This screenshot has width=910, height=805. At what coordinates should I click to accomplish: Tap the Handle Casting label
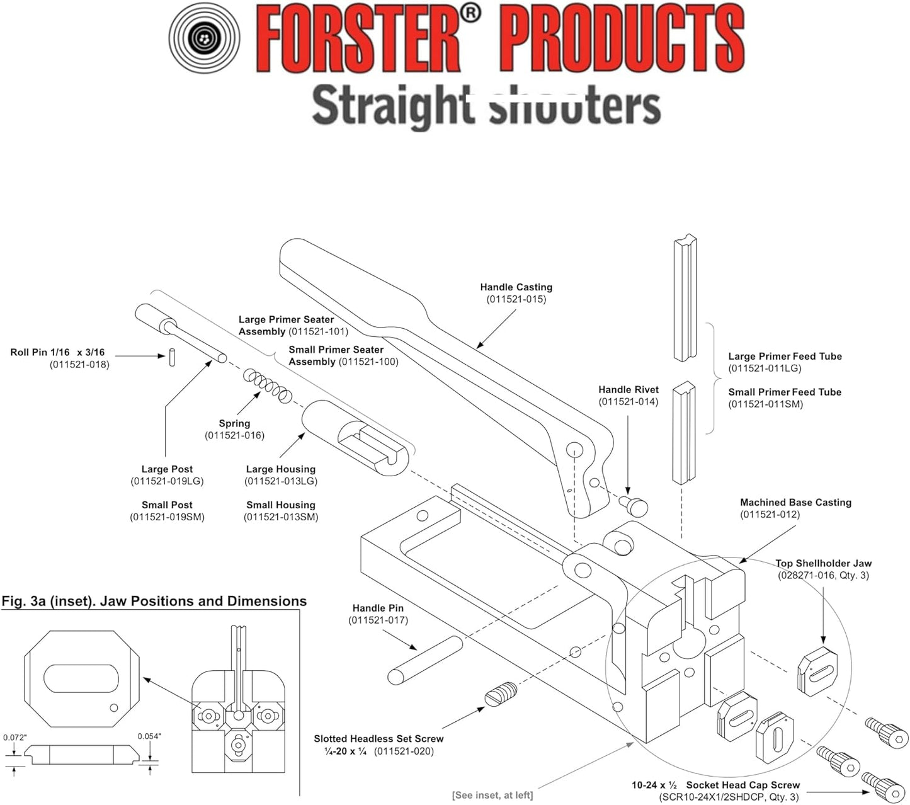(516, 287)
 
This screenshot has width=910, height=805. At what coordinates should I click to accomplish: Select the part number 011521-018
(79, 364)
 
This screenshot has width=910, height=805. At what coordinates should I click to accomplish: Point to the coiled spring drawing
(268, 385)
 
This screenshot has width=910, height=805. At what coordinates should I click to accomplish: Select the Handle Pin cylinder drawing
(425, 659)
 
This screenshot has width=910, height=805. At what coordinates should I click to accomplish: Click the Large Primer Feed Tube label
(785, 357)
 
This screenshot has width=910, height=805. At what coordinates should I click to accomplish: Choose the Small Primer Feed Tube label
(785, 392)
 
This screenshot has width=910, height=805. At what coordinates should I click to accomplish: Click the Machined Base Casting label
(795, 503)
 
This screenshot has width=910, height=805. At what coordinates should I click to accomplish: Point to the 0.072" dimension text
(15, 737)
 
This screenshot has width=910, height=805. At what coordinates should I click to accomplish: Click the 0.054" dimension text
(149, 736)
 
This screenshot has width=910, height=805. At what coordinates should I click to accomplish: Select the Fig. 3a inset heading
(154, 602)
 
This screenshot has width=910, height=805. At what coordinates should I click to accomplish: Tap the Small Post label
(167, 505)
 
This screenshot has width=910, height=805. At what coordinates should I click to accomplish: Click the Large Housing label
(280, 469)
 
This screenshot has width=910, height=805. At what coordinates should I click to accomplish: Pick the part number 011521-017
(378, 620)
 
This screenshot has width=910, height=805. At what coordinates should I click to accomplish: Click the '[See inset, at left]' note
(492, 795)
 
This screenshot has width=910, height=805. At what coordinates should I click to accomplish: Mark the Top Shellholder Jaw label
(823, 564)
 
